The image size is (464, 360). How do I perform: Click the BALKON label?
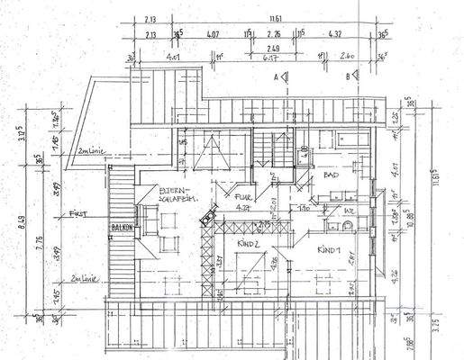(122, 228)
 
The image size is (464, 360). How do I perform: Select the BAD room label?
(331, 176)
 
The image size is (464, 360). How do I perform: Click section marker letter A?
(275, 78)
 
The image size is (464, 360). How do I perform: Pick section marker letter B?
(348, 78)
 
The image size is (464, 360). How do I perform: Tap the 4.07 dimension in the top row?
(213, 35)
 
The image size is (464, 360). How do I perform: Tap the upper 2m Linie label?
(91, 149)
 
